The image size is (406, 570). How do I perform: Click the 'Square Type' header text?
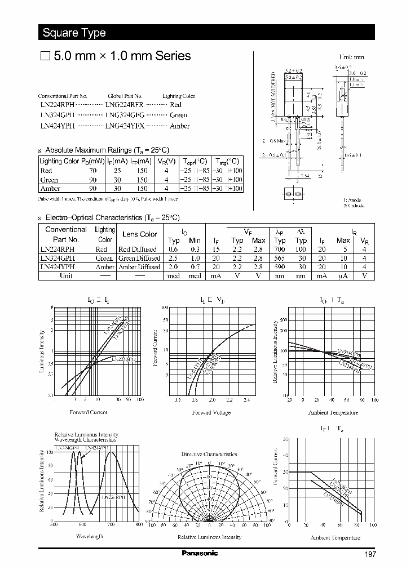point(74,33)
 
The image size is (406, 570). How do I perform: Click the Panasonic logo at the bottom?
point(199,554)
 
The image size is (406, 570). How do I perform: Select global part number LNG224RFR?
point(125,105)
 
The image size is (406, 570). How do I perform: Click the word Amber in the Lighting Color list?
point(179,126)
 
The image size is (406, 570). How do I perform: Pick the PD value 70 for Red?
point(93,170)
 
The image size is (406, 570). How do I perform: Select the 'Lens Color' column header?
point(140,234)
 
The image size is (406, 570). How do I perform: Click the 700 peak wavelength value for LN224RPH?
point(280,248)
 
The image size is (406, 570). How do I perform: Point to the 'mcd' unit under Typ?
point(173,276)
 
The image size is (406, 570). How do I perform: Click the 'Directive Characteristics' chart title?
point(209,454)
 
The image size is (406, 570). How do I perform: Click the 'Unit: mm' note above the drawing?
point(351,57)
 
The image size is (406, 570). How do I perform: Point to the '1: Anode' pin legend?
point(353,200)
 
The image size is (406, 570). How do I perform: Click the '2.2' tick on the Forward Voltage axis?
point(229,400)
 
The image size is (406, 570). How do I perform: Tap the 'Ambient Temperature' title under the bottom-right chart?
point(334,537)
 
